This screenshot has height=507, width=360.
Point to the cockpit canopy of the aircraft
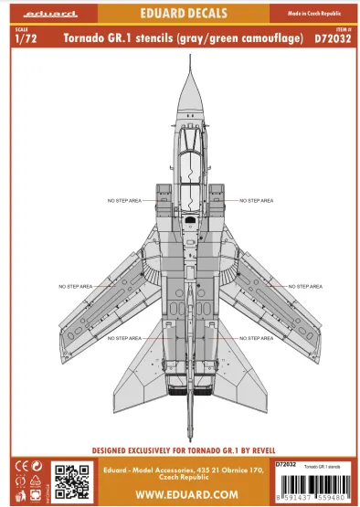pos(182,164)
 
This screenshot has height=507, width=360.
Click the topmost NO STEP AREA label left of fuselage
pos(124,200)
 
